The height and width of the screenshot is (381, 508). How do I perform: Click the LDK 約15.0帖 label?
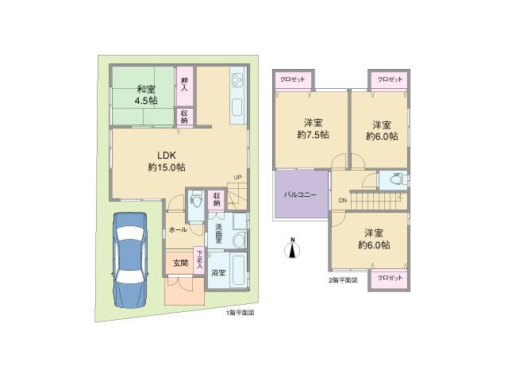pos(166,161)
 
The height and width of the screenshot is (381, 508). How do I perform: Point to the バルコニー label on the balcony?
pos(301,195)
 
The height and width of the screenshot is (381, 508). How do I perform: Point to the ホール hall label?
pos(178,230)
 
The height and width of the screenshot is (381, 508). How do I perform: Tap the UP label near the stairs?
pos(237,177)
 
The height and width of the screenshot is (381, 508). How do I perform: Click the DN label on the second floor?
pos(343,200)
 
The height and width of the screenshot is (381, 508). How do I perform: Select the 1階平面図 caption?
pos(240,313)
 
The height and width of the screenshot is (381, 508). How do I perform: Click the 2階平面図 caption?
pos(343,280)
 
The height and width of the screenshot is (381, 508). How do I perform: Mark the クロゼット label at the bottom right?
pos(390,279)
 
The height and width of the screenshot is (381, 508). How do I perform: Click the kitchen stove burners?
pos(237,80)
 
